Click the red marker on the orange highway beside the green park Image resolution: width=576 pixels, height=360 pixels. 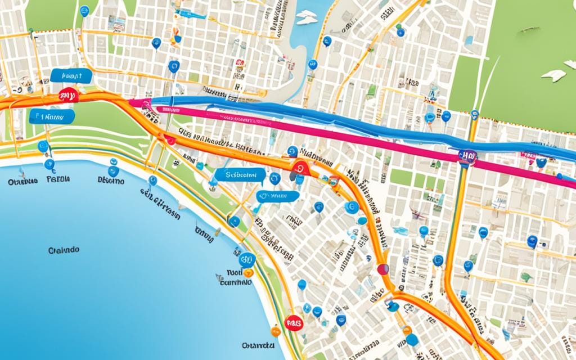tap(68, 96)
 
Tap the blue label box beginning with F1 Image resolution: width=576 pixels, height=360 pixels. tap(52, 116)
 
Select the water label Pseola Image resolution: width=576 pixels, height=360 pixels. tap(58, 181)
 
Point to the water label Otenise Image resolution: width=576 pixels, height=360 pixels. tap(23, 182)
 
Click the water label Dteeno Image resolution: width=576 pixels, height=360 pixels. tap(111, 181)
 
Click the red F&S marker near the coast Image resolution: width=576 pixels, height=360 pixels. tap(294, 322)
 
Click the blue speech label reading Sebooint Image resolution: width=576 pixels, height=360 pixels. tap(240, 175)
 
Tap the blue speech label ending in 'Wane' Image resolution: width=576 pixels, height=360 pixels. tap(278, 196)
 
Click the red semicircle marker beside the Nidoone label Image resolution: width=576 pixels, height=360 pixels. tap(300, 166)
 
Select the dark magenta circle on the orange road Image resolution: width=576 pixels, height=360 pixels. tap(383, 269)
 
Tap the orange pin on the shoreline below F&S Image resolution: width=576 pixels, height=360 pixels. tap(275, 331)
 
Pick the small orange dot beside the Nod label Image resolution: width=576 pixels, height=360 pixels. tap(249, 272)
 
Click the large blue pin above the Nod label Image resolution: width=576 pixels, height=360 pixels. tap(246, 259)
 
